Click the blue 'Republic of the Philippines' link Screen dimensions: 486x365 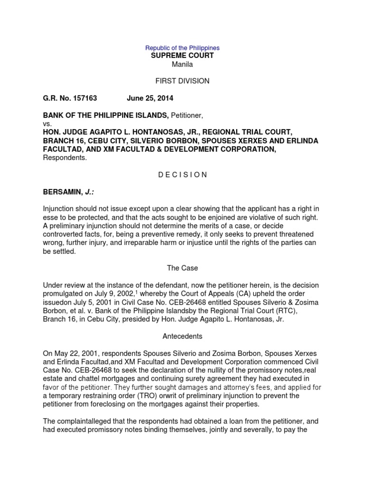coord(182,48)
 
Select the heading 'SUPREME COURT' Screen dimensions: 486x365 coord(182,56)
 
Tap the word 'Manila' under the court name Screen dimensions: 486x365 coord(182,65)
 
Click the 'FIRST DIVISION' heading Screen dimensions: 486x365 coord(182,81)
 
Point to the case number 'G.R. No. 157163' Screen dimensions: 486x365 coord(70,98)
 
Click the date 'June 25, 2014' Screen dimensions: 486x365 coord(150,98)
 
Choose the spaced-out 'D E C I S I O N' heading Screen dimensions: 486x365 coord(182,175)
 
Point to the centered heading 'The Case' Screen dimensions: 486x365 coord(182,268)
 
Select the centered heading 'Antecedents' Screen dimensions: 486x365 coord(182,336)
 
